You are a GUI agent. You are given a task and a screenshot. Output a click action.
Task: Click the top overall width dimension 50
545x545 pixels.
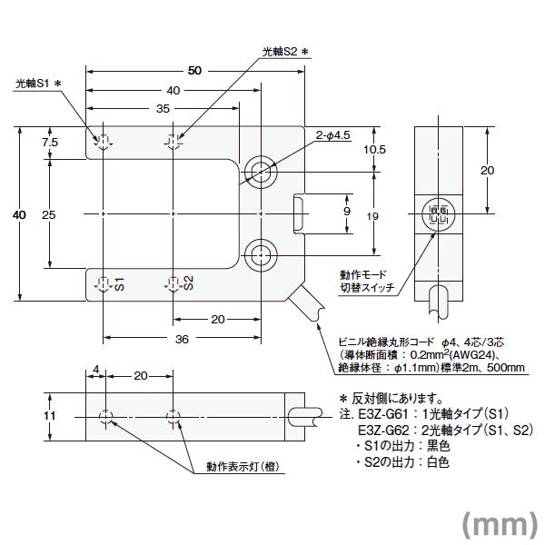pyautogui.click(x=194, y=71)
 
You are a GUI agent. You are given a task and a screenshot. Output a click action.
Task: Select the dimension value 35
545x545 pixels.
pyautogui.click(x=164, y=107)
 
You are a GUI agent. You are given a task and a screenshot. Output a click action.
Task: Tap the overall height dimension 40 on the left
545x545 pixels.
pyautogui.click(x=18, y=214)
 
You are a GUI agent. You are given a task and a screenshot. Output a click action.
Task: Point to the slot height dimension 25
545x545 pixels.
pyautogui.click(x=49, y=214)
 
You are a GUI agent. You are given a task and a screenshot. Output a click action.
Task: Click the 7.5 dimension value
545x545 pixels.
pyautogui.click(x=50, y=142)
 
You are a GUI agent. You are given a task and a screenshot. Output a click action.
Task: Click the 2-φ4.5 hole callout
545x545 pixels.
pyautogui.click(x=332, y=136)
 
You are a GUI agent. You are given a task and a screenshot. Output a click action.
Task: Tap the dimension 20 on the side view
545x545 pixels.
pyautogui.click(x=487, y=170)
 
